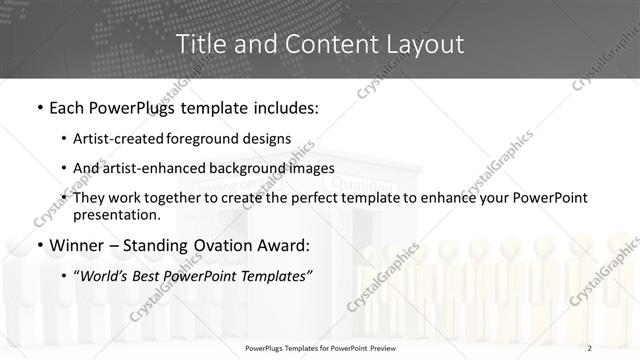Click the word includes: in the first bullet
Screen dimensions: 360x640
(283, 106)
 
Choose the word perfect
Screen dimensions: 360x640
(315, 198)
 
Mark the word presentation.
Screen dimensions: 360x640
(116, 214)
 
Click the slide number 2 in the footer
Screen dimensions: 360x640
(590, 347)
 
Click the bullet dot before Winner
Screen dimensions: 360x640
(39, 246)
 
